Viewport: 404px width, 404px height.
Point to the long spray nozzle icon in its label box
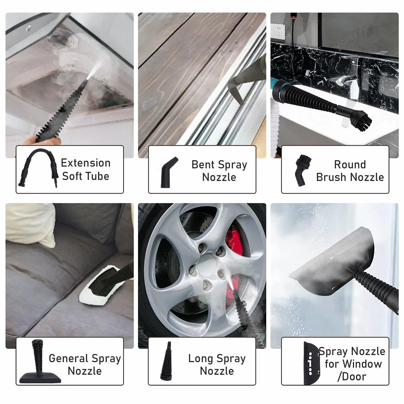point(167,362)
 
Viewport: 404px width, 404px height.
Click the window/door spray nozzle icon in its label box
point(311,363)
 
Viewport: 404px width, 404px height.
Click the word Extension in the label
point(86,163)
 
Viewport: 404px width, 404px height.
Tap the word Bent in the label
point(203,165)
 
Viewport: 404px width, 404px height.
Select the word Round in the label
point(350,165)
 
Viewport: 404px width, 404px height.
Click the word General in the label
point(68,358)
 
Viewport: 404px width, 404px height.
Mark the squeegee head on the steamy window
point(333,261)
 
